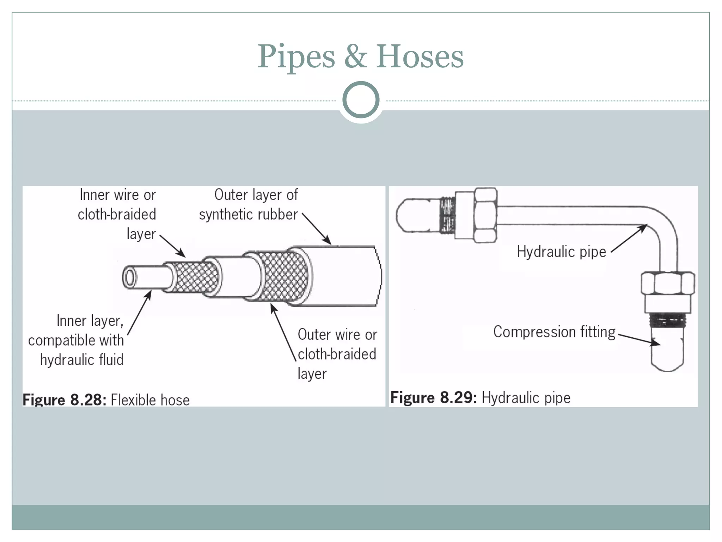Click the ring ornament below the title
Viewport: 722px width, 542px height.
tap(361, 100)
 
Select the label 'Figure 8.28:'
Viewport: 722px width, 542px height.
tap(64, 400)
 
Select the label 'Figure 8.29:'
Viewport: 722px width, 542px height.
tap(433, 398)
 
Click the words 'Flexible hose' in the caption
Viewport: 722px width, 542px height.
tap(150, 400)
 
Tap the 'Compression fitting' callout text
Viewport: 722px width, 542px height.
tap(554, 332)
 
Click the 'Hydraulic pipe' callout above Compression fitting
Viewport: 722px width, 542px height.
tap(561, 252)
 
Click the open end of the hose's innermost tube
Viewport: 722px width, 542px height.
tap(129, 278)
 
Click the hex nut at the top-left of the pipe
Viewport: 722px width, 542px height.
tap(485, 215)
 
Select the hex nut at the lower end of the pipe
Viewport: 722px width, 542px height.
tap(667, 283)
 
